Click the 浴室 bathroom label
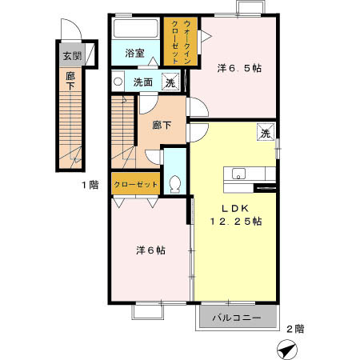coord(134,54)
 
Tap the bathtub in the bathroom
coord(135,29)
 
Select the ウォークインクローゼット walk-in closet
coord(181,42)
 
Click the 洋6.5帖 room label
coord(239,68)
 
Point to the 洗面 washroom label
coord(143,82)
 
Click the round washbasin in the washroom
coord(118,82)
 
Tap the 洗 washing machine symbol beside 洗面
coord(170,82)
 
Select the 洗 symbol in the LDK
coord(266,132)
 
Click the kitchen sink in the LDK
coord(238,174)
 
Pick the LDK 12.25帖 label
coord(236,214)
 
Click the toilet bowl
coord(175,184)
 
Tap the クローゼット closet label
coord(136,184)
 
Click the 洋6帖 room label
coord(150,250)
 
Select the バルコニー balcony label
coord(237,318)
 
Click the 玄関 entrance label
coord(72,56)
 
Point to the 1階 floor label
coord(90,185)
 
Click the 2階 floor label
coord(295,329)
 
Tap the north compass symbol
coord(287,350)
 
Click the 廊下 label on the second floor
coord(162,125)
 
